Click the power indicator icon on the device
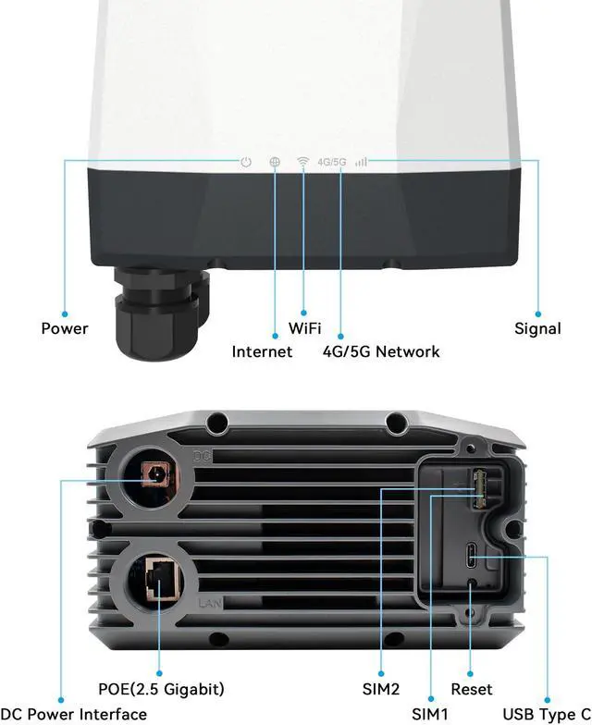(245, 162)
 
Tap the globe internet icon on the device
(275, 162)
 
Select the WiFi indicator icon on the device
(302, 162)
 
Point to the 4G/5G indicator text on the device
(331, 162)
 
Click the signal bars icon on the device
(361, 162)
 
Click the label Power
(65, 328)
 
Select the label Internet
(262, 351)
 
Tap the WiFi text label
(305, 328)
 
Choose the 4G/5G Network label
(381, 351)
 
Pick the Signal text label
(537, 328)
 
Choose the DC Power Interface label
(73, 713)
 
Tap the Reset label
(472, 689)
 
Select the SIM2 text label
(381, 689)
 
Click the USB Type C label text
(547, 713)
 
